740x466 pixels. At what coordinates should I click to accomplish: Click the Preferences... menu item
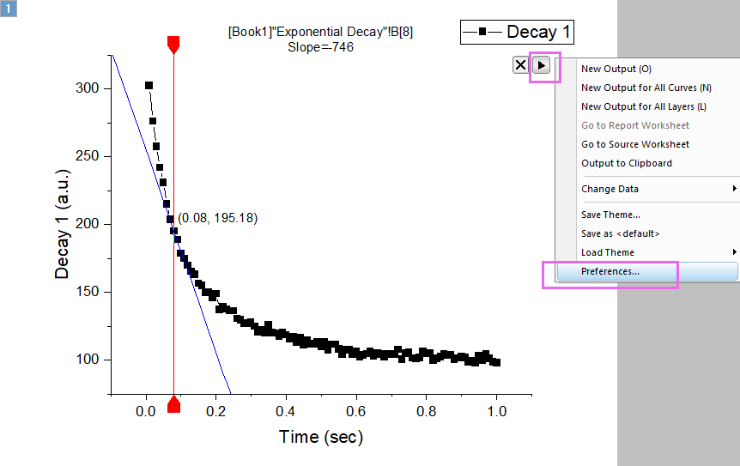(x=610, y=271)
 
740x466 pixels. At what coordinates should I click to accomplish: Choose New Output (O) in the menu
(x=610, y=69)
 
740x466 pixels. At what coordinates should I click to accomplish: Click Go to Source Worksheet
(x=634, y=144)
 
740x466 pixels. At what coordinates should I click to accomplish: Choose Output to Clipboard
(x=626, y=163)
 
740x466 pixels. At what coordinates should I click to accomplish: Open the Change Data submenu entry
(x=610, y=189)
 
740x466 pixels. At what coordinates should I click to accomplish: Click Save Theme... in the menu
(x=610, y=215)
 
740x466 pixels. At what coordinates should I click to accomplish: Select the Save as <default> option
(x=620, y=233)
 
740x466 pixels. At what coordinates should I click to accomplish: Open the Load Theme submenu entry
(x=608, y=252)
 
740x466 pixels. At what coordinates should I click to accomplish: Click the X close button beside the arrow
(x=520, y=65)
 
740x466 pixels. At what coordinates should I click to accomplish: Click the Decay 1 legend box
(x=517, y=33)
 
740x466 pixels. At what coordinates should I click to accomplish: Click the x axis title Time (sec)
(x=320, y=438)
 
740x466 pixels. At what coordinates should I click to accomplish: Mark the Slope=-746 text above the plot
(x=320, y=47)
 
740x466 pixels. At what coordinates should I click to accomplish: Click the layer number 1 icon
(x=8, y=8)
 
